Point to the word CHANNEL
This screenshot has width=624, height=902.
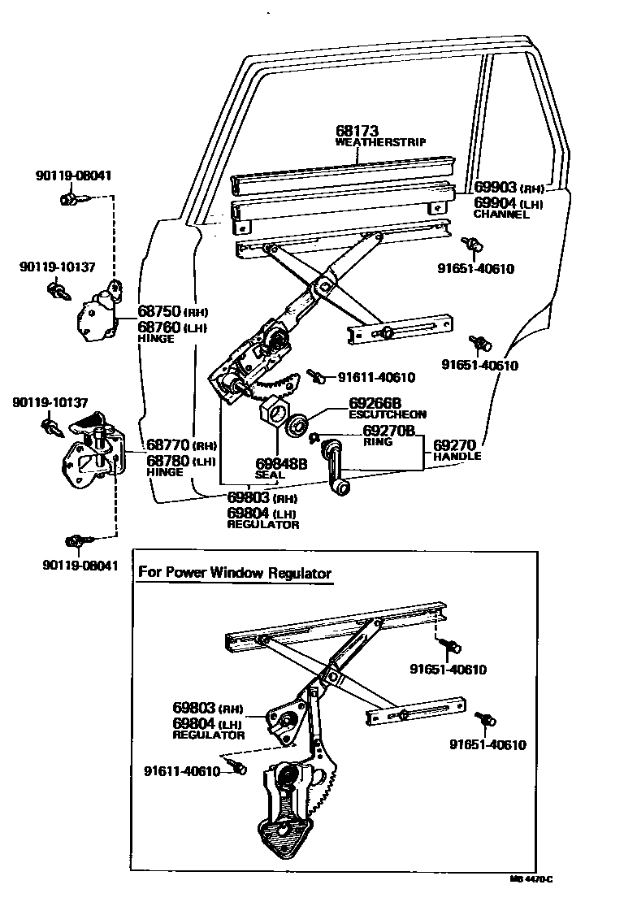pyautogui.click(x=501, y=215)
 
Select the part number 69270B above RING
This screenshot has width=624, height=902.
pyautogui.click(x=389, y=431)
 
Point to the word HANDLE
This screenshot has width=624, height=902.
pyautogui.click(x=457, y=457)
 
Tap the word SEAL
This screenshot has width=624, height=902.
pyautogui.click(x=268, y=475)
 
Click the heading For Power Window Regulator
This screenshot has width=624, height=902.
pyautogui.click(x=235, y=572)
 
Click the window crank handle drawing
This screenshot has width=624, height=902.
pyautogui.click(x=336, y=468)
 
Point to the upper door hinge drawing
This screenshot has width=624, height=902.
pyautogui.click(x=97, y=311)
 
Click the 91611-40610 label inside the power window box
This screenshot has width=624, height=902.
pyautogui.click(x=183, y=770)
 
